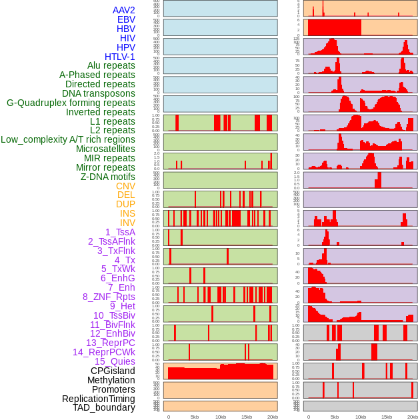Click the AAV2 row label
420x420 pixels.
tap(123, 10)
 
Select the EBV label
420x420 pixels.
tap(126, 19)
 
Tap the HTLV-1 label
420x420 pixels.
tap(119, 57)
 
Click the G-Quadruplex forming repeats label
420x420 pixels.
tap(71, 103)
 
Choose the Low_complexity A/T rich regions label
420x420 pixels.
tap(68, 139)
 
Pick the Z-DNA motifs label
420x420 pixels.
tap(108, 177)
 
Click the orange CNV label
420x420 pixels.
tap(125, 186)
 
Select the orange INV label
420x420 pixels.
tap(127, 223)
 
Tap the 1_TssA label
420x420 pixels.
tap(120, 232)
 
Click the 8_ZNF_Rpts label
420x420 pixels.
tap(109, 297)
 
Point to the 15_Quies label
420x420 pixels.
tap(115, 361)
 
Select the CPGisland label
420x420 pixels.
tap(113, 371)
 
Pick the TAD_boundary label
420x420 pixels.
tap(104, 407)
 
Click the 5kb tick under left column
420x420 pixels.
tap(195, 417)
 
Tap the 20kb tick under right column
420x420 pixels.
tap(413, 417)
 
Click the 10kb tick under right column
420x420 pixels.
tap(361, 417)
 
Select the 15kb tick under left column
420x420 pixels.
tap(247, 417)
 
